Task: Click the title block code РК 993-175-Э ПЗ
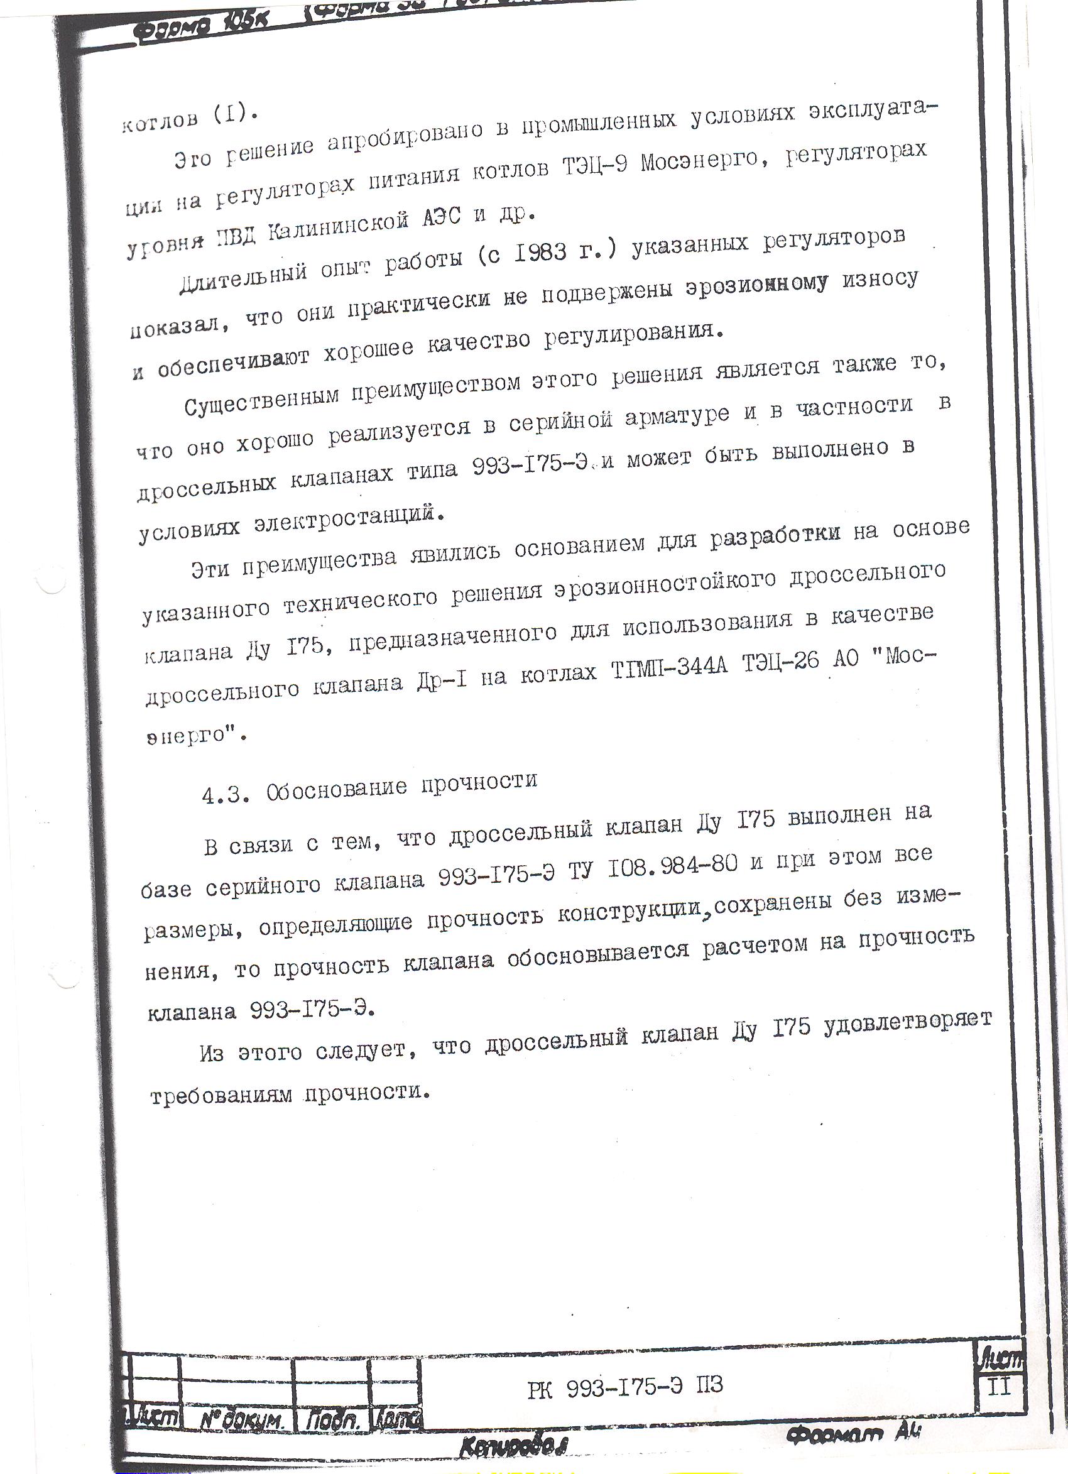[x=624, y=1386]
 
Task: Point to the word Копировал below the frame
[x=513, y=1446]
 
